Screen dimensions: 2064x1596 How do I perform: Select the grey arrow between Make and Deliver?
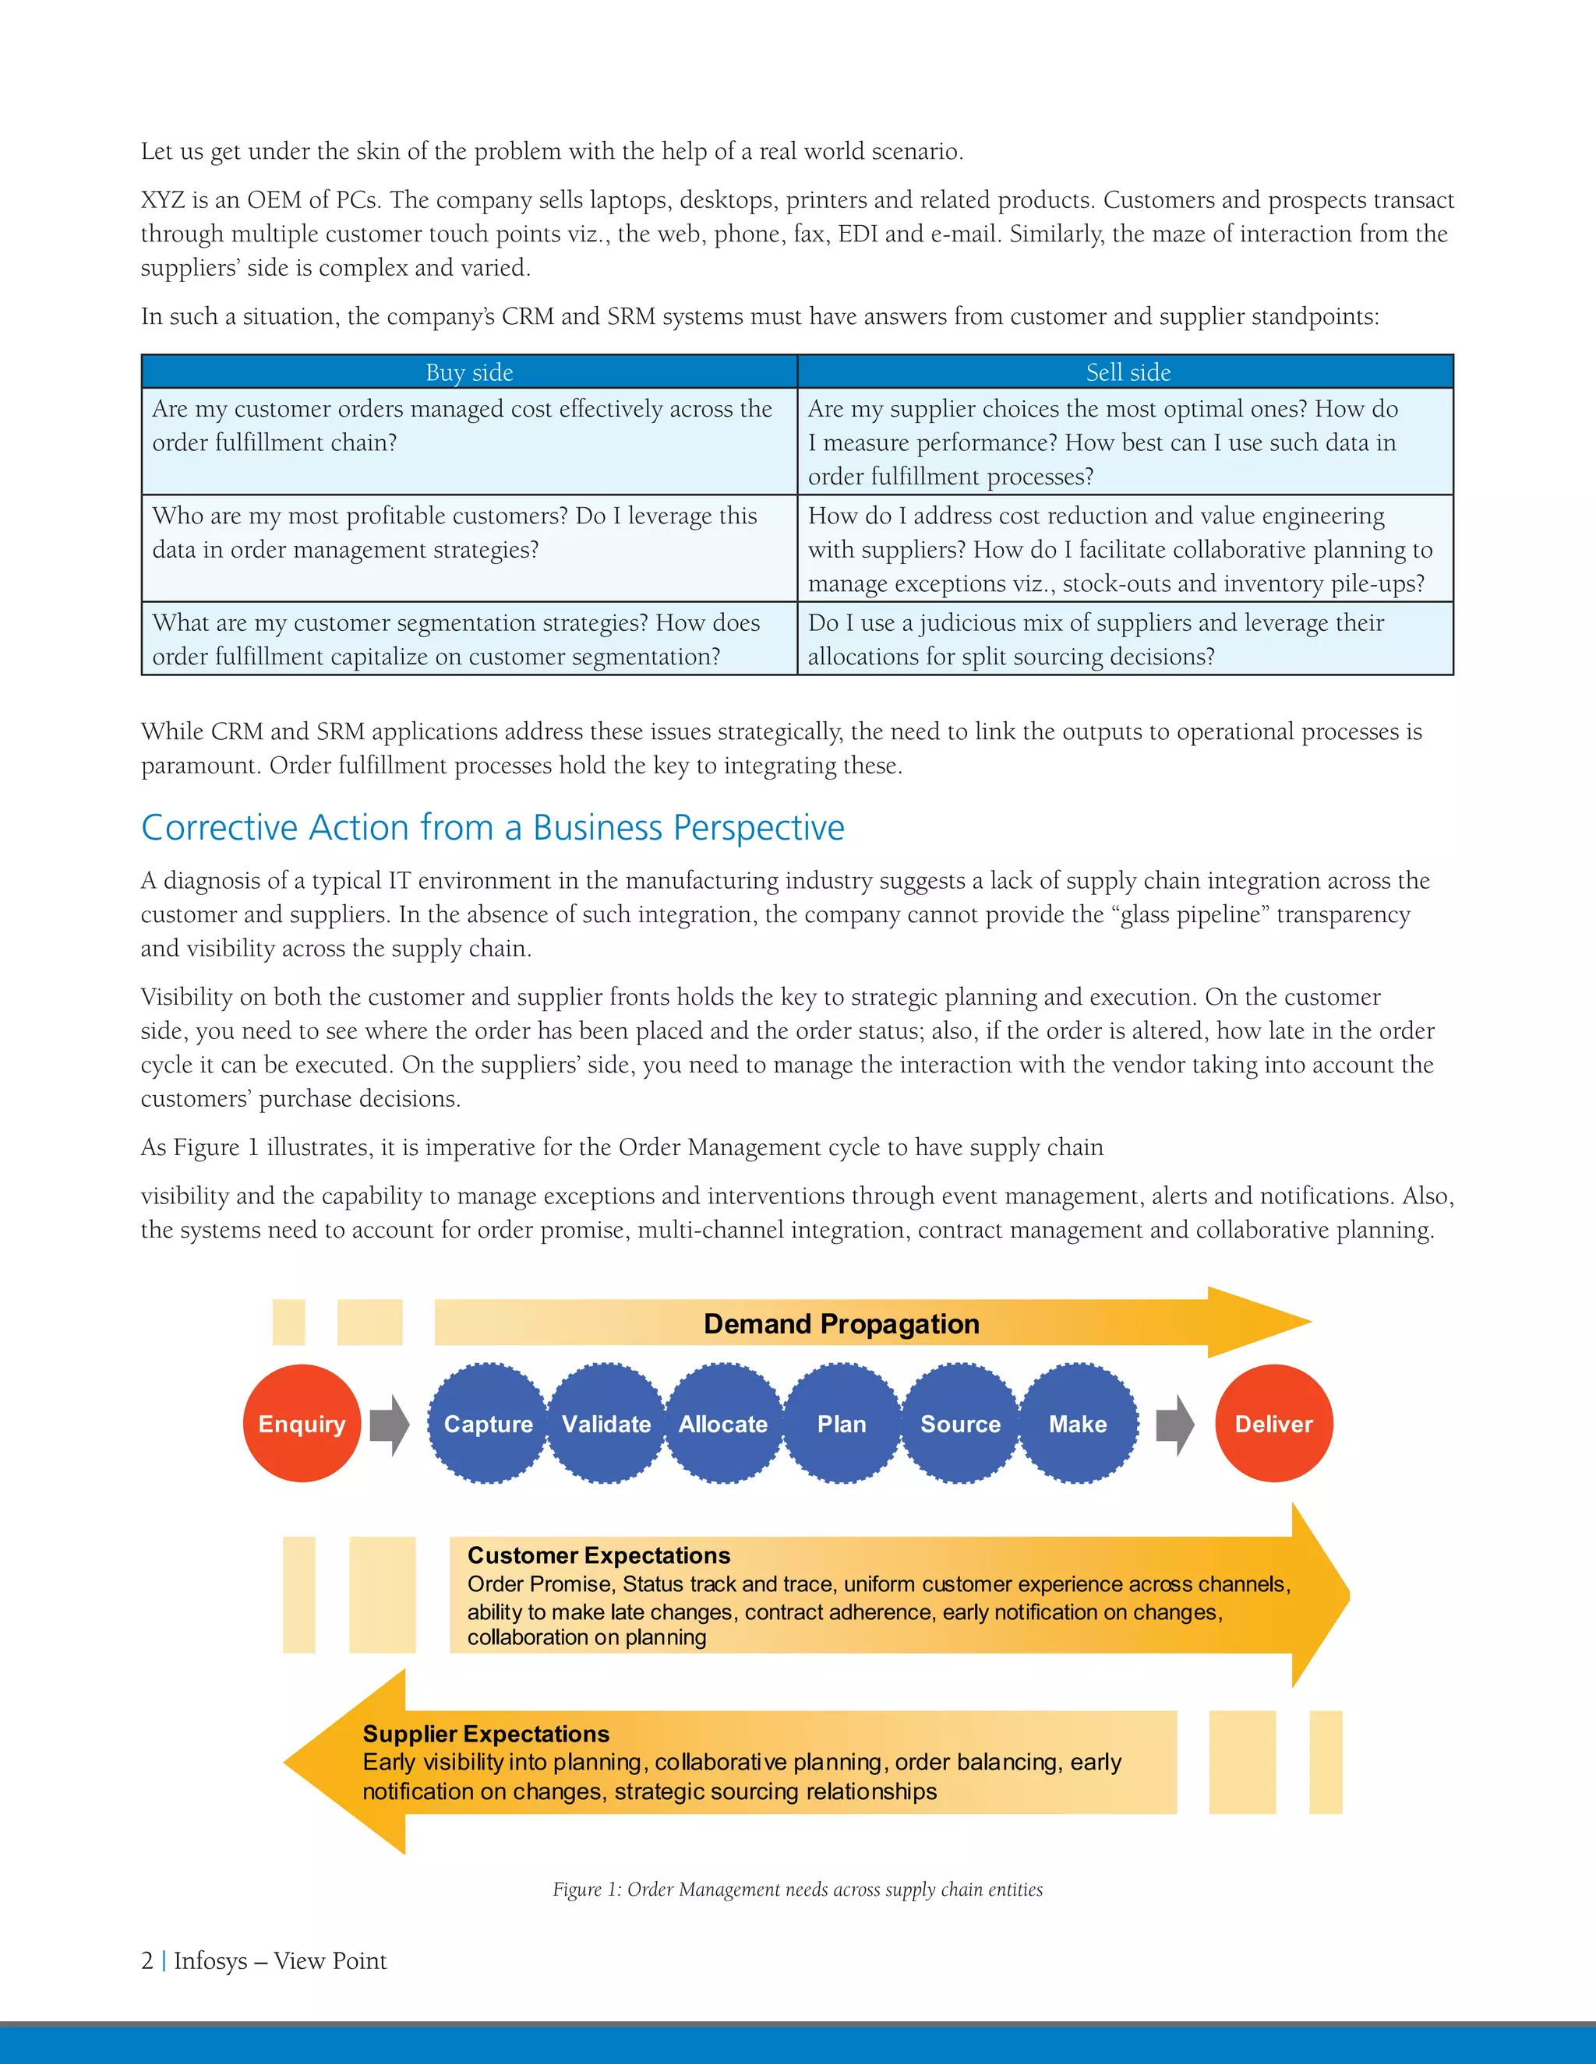tap(1175, 1425)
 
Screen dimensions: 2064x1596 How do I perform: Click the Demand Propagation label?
tap(841, 1324)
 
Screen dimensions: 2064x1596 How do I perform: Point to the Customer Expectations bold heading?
tap(598, 1555)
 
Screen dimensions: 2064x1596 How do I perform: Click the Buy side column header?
tap(469, 372)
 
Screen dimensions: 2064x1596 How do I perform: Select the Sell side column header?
tap(1127, 372)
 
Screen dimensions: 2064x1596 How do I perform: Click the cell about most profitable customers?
tap(469, 533)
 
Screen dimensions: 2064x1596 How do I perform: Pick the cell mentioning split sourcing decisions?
tap(1125, 639)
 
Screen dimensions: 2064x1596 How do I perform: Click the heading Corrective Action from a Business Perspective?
tap(493, 828)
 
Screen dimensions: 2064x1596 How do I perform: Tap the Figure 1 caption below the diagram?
tap(797, 1890)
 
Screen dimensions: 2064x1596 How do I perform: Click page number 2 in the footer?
tap(147, 1961)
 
